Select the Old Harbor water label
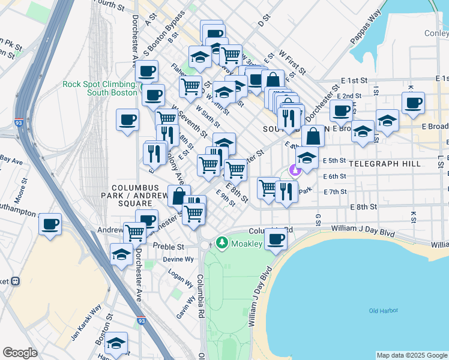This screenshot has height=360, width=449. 382,310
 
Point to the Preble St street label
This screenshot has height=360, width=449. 168,247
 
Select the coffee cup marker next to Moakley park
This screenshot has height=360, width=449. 276,239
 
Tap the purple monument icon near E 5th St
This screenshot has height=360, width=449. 294,171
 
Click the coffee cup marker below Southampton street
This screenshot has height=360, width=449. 50,224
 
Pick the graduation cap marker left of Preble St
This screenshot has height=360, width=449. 122,254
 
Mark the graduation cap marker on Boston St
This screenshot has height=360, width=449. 116,343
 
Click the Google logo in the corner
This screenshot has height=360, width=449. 20,353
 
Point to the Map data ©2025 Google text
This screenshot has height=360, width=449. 412,355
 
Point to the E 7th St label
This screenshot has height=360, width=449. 335,192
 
